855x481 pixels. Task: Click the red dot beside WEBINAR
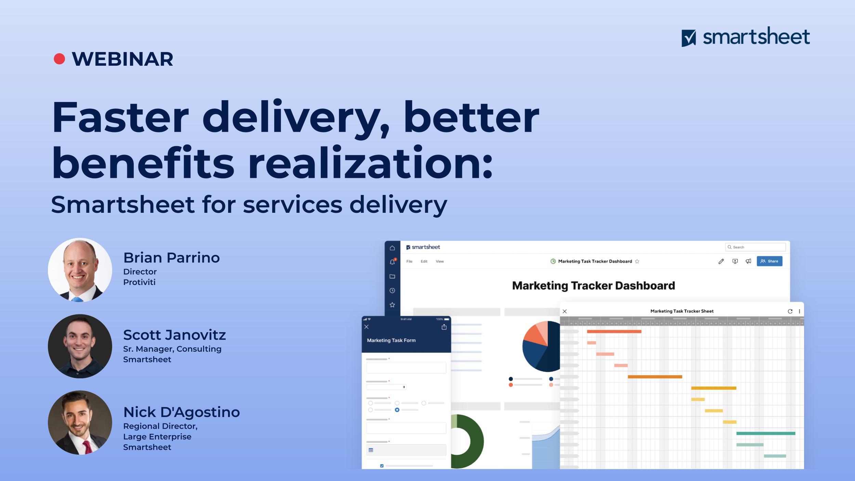60,59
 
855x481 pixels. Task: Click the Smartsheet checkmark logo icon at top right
688,38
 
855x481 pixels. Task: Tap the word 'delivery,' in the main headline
296,118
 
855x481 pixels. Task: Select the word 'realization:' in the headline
370,162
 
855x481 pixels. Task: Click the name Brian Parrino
171,258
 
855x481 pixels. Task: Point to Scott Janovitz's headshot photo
80,346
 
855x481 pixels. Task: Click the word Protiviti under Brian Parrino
139,282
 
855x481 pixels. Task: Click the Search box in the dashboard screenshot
755,247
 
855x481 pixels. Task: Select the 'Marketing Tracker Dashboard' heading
593,286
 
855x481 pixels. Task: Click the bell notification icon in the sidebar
392,262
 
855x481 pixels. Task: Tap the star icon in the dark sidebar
392,304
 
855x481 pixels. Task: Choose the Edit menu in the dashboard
424,261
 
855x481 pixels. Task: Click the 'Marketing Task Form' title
391,340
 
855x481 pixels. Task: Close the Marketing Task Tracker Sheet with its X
565,311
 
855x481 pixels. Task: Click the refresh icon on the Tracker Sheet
790,311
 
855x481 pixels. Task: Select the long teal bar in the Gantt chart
766,433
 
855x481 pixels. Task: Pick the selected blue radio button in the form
397,410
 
